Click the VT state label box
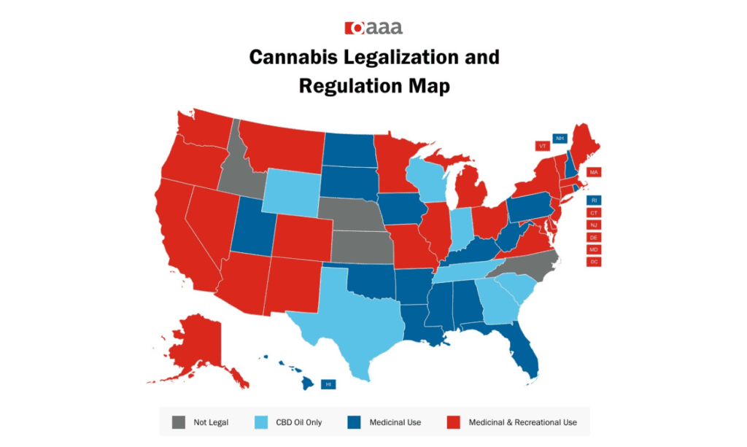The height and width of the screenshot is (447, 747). tap(542, 146)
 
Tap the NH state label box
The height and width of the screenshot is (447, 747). tap(560, 138)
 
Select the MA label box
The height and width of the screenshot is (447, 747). tap(594, 172)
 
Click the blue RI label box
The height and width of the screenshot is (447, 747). tap(594, 200)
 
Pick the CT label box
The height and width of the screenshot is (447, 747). tap(594, 212)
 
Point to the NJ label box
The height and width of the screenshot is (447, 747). tap(594, 225)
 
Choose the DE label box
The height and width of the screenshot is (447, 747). tap(594, 237)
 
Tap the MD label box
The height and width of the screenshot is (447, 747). tap(594, 249)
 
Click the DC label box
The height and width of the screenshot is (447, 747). tap(594, 262)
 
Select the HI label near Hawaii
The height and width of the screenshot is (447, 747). tap(328, 384)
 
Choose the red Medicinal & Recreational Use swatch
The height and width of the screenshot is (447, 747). tap(452, 421)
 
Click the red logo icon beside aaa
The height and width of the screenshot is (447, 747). tap(354, 28)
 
